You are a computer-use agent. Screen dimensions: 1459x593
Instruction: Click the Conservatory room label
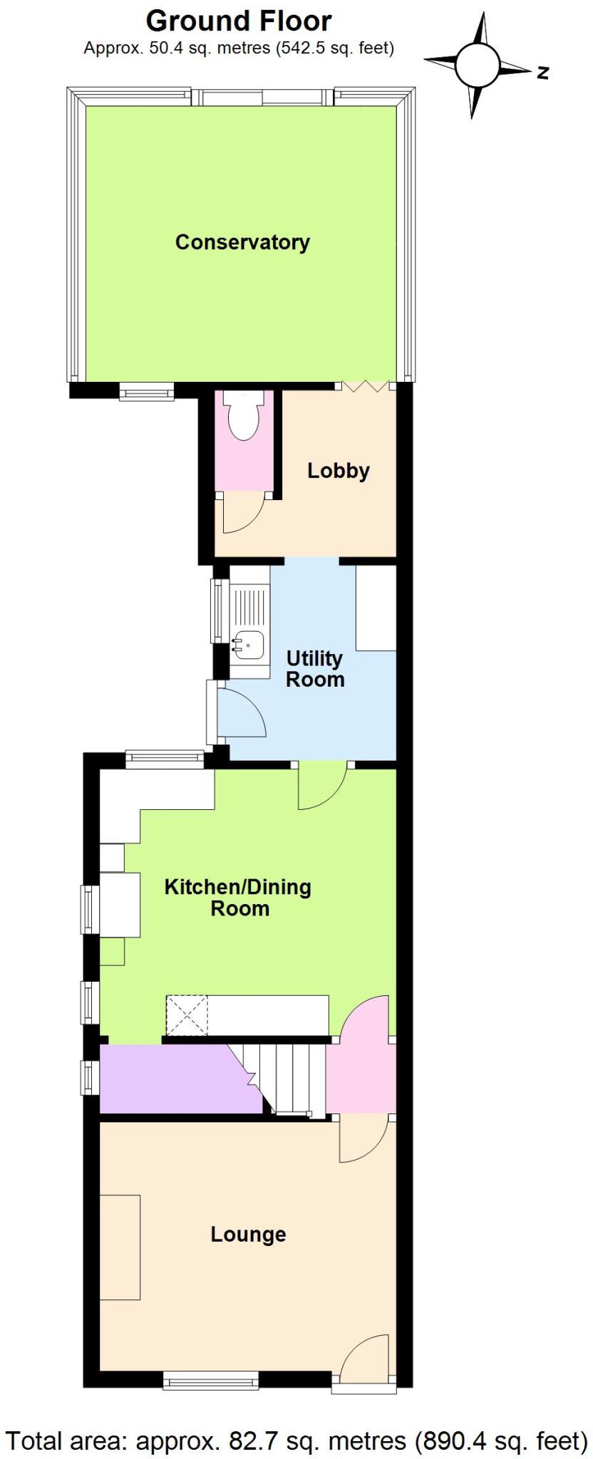(x=242, y=242)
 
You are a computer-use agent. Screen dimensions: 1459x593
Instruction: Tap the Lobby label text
(x=338, y=471)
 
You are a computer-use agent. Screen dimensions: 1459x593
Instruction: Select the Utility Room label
(x=314, y=669)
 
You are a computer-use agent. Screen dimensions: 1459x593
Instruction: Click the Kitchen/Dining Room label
(x=238, y=898)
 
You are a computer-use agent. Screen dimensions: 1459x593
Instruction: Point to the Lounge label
(x=248, y=1234)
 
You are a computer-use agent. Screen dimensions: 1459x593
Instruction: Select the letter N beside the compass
(x=543, y=72)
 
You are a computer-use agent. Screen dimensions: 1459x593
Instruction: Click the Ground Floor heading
(x=239, y=21)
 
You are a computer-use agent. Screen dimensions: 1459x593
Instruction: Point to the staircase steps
(x=294, y=1077)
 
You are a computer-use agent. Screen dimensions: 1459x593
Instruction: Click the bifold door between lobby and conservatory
(x=365, y=386)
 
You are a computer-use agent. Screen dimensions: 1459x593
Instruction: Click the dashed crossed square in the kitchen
(x=187, y=1015)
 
